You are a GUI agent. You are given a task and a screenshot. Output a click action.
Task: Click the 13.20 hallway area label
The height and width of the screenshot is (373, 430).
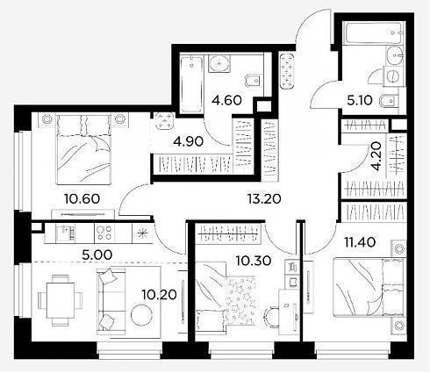coord(264,199)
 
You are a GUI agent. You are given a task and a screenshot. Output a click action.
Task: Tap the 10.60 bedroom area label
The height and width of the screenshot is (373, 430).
coord(82,199)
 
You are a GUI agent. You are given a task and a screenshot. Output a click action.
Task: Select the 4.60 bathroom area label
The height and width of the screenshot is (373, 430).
coord(227,100)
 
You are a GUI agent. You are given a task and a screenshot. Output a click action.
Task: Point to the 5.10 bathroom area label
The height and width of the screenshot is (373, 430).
coord(360,100)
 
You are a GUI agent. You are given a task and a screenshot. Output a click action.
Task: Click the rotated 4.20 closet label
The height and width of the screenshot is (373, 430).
coord(376,156)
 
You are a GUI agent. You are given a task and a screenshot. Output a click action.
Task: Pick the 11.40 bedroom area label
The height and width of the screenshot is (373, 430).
coord(360,242)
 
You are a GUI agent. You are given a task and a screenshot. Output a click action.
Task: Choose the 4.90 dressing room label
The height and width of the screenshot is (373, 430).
coord(188,141)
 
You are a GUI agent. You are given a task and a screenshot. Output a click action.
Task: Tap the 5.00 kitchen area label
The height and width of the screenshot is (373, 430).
coord(97,255)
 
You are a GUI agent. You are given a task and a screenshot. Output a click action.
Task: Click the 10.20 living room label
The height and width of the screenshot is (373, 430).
coord(159,295)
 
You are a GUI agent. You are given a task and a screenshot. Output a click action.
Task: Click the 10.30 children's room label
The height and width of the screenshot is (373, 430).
coord(254,261)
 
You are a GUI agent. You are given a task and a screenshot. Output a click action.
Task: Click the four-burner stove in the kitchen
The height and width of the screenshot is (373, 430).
coord(104,233)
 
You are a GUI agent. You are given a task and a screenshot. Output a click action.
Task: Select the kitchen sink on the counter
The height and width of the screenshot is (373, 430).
coord(65,233)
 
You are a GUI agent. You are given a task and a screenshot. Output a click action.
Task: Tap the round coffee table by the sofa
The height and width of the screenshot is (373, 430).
coord(141,315)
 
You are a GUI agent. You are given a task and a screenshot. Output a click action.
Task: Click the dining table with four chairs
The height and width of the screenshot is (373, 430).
coord(61,300)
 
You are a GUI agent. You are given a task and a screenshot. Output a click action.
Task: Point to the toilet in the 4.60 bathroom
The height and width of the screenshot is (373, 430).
coord(253,80)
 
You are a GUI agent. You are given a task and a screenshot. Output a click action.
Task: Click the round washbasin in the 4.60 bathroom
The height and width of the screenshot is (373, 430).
coord(219,63)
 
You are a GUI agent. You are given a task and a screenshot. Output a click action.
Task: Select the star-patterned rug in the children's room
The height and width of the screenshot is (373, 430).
coord(241,300)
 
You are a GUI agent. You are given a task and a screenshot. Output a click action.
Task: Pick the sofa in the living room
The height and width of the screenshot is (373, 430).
coord(111,300)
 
